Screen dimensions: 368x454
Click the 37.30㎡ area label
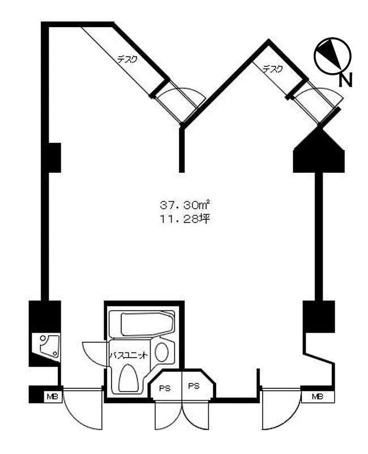[x=185, y=205]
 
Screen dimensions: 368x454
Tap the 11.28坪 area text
[x=185, y=219]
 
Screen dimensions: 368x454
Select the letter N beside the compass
[x=345, y=80]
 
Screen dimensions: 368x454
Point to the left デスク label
[x=127, y=60]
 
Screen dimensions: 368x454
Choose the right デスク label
[x=272, y=69]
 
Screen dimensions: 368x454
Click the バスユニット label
[x=129, y=355]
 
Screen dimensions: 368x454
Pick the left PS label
[x=165, y=389]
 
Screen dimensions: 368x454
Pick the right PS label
[x=194, y=386]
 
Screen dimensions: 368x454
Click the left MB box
[x=53, y=397]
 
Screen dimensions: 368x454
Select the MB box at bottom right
[x=318, y=397]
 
